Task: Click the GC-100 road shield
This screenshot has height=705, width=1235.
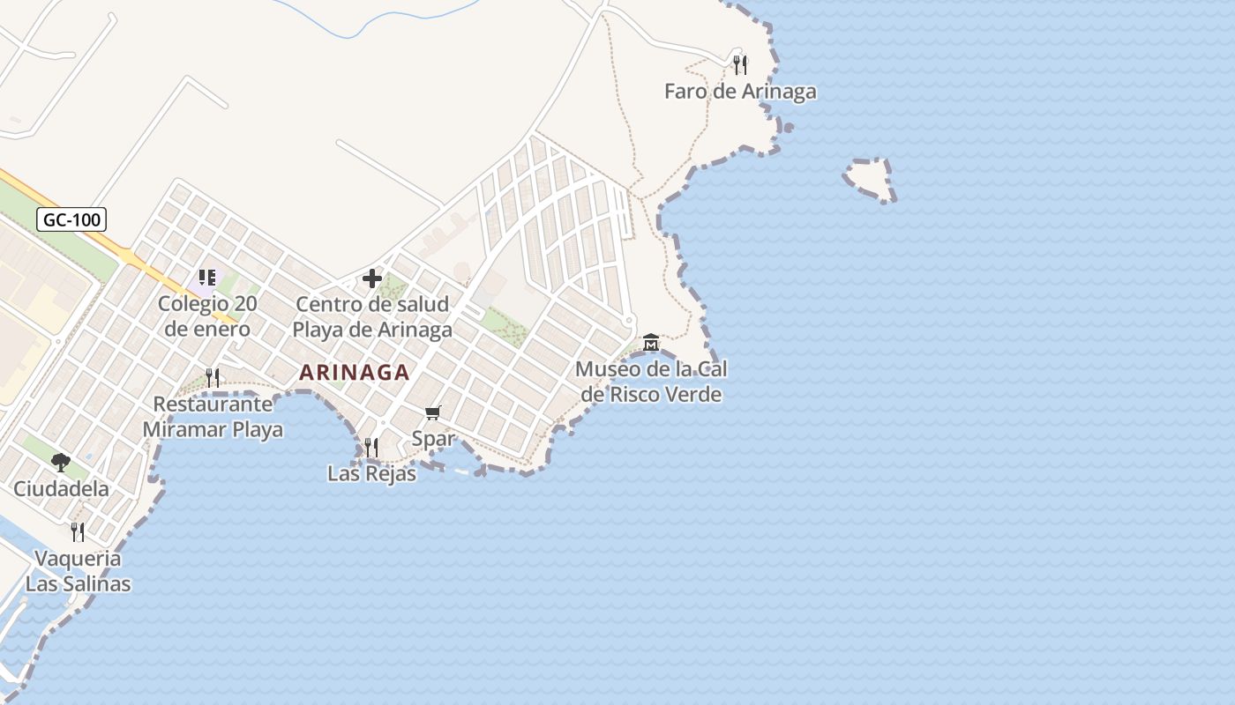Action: click(71, 219)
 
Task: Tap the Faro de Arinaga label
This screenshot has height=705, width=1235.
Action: click(740, 92)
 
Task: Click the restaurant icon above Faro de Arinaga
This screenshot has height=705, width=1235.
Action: click(740, 64)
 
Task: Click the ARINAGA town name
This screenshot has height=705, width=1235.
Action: click(355, 373)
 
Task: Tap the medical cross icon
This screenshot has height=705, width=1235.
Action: click(372, 278)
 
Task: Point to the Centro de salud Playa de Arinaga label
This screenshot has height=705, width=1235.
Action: click(372, 317)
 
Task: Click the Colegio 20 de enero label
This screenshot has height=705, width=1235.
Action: click(207, 316)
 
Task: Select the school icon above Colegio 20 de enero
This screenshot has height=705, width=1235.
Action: click(207, 278)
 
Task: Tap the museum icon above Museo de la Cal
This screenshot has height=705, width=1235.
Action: click(651, 342)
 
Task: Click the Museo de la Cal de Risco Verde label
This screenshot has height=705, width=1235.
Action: click(651, 382)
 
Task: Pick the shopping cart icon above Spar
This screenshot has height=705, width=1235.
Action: click(433, 412)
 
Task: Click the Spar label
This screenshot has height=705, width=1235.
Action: click(433, 438)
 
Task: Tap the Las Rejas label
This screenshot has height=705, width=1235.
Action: click(371, 473)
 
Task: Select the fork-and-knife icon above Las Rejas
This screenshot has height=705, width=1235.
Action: click(371, 448)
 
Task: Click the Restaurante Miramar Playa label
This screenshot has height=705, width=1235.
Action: click(213, 417)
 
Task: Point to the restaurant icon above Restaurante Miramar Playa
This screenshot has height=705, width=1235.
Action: click(213, 378)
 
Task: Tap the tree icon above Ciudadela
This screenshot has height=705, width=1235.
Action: click(61, 462)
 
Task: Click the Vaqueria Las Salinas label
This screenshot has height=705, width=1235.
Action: click(78, 571)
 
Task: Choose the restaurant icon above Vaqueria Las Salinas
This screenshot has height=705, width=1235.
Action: click(78, 531)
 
